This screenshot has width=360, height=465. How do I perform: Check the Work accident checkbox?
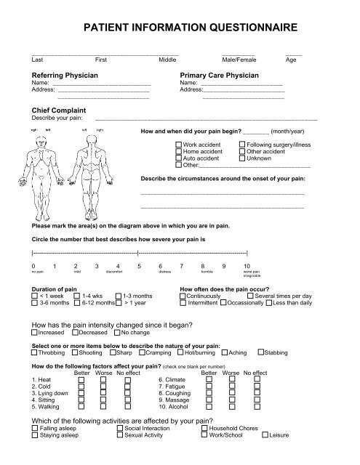[x=179, y=145]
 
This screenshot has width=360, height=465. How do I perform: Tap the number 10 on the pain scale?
[x=247, y=267]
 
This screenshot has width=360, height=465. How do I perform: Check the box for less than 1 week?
[x=35, y=296]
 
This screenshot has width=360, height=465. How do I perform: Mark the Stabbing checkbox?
[x=262, y=352]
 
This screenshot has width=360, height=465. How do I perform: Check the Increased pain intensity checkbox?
[x=35, y=332]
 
